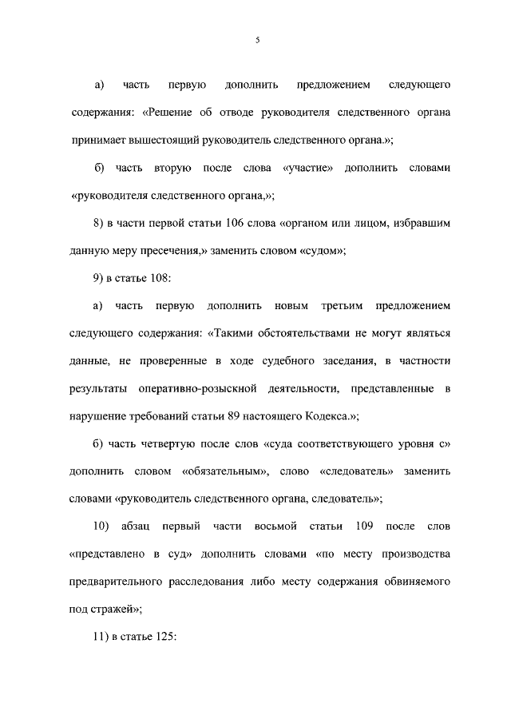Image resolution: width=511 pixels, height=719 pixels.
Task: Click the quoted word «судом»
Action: [x=322, y=251]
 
